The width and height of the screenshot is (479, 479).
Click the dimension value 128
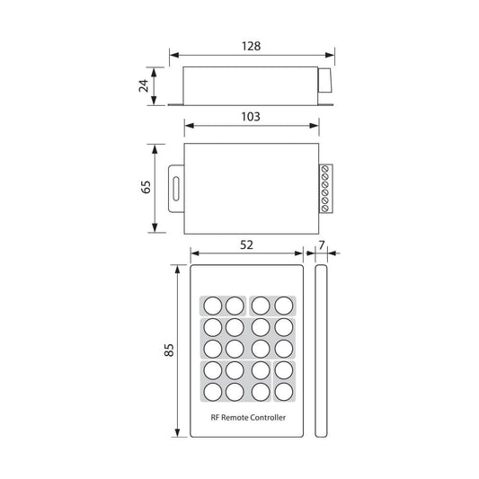pyautogui.click(x=251, y=46)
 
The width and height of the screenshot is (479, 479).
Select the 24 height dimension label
pyautogui.click(x=144, y=85)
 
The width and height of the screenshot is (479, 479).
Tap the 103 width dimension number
pyautogui.click(x=251, y=117)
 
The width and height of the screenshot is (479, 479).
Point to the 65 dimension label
pyautogui.click(x=146, y=187)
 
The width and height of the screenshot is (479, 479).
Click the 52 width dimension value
pyautogui.click(x=246, y=245)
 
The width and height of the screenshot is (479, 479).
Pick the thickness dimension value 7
pyautogui.click(x=321, y=245)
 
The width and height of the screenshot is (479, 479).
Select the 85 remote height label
pyautogui.click(x=169, y=350)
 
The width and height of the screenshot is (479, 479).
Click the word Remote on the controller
pyautogui.click(x=235, y=417)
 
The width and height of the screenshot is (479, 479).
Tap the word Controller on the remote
pyautogui.click(x=268, y=417)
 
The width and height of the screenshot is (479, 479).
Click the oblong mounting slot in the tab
pyautogui.click(x=176, y=189)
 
